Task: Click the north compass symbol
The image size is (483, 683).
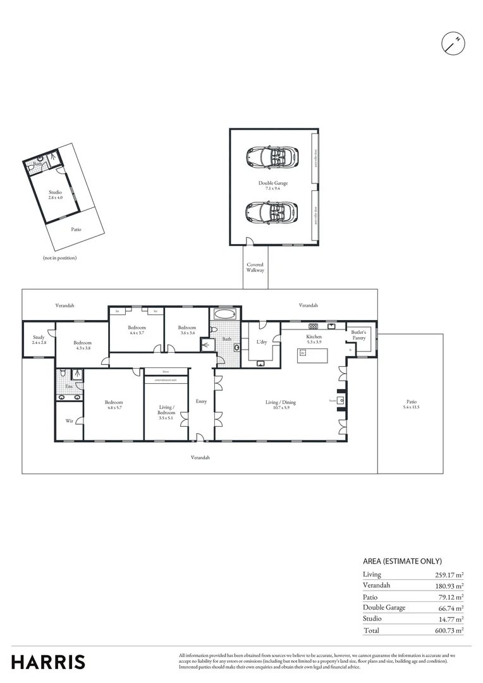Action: click(453, 42)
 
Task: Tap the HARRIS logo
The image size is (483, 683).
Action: click(48, 661)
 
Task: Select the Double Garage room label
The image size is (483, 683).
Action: click(272, 185)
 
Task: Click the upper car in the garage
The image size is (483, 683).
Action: click(273, 156)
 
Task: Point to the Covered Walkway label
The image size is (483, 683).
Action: click(255, 268)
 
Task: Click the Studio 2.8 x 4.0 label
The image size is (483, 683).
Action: click(56, 195)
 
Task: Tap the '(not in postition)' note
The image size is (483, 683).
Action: click(60, 258)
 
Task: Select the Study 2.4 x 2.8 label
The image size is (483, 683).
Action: click(39, 340)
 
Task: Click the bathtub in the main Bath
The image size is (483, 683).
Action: click(224, 314)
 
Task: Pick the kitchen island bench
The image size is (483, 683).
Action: click(314, 355)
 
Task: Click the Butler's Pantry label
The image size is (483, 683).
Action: click(358, 335)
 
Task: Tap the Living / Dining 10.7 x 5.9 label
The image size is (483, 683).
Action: click(280, 405)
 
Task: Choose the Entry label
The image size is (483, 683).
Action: click(201, 401)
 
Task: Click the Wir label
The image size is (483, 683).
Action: click(69, 421)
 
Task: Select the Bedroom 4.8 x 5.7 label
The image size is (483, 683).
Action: click(114, 405)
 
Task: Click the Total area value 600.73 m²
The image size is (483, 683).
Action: click(444, 631)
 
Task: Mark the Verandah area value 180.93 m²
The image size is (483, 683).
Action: click(444, 586)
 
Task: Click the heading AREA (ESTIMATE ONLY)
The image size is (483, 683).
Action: click(402, 561)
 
